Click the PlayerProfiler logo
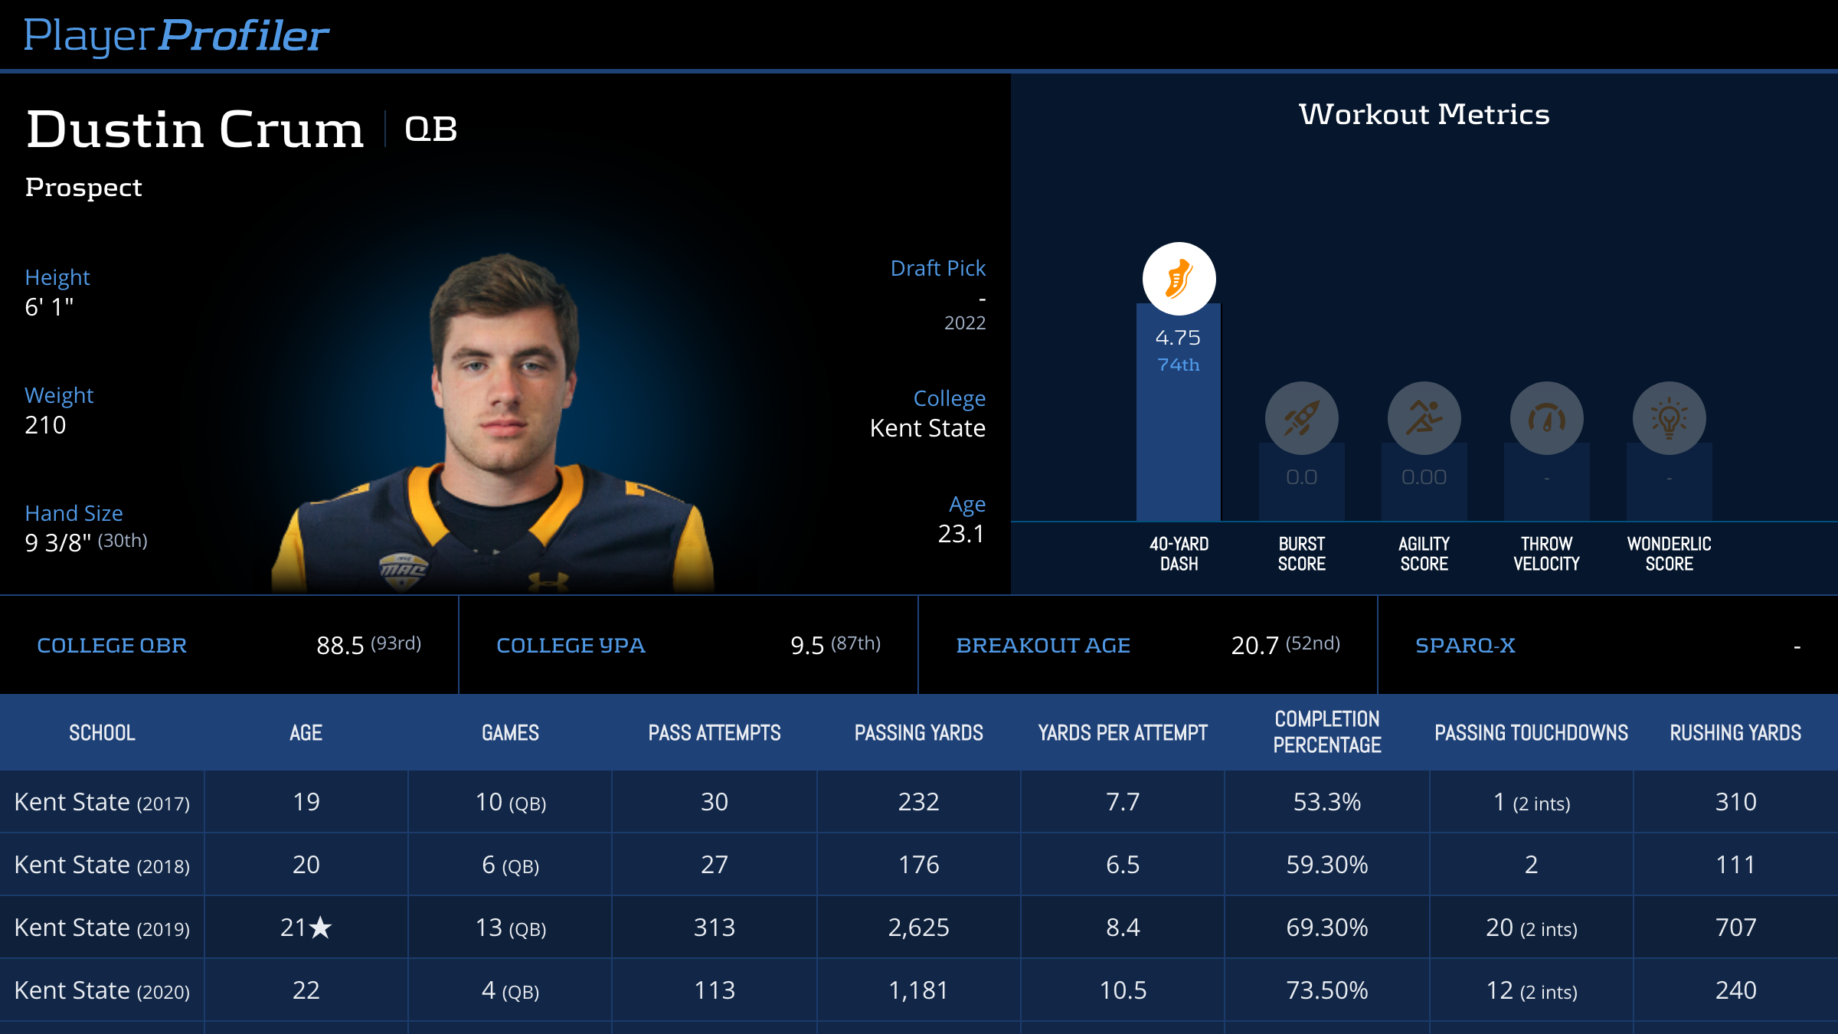(176, 35)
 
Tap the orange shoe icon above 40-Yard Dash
(1179, 279)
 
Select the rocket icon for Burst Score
(1301, 418)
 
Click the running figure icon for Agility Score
(1424, 418)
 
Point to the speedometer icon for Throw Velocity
(1546, 418)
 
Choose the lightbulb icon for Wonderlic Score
(1669, 418)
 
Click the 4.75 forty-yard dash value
(1178, 338)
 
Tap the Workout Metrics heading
(1424, 115)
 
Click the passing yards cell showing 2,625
(918, 928)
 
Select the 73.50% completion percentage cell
(1326, 990)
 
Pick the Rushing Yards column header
(1735, 733)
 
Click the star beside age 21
(321, 928)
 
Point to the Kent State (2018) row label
(102, 865)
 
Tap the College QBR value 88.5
(340, 646)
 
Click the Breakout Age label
(1042, 646)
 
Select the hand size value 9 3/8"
(58, 543)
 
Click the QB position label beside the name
(431, 129)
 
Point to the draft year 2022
(964, 323)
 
